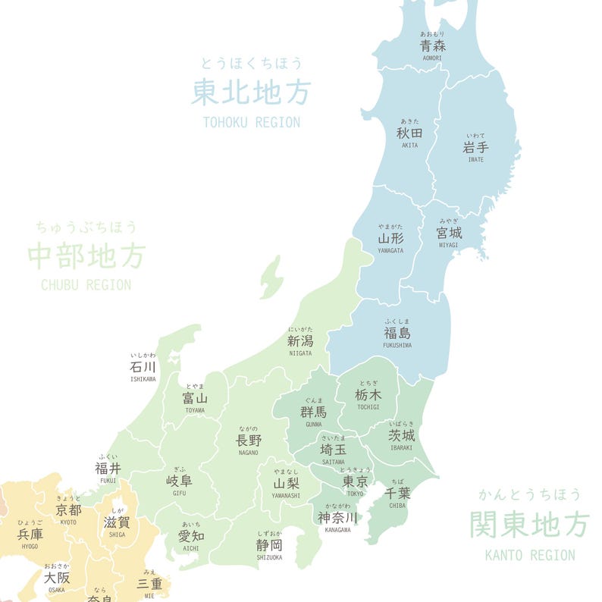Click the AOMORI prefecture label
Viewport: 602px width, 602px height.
point(433,46)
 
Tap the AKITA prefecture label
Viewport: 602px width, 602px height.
point(409,133)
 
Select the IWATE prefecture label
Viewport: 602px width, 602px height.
point(475,148)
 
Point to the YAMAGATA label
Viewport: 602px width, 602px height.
point(390,239)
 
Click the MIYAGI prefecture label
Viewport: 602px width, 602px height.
point(449,233)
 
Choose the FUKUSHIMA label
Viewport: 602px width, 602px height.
point(397,334)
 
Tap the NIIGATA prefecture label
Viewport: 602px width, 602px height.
point(300,341)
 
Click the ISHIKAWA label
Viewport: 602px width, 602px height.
point(143,367)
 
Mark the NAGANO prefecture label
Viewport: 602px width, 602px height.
point(248,441)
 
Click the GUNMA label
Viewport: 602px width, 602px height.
point(313,412)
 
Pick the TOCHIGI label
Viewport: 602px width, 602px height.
point(368,395)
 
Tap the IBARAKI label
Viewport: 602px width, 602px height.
point(402,435)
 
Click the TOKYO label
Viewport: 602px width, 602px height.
point(356,481)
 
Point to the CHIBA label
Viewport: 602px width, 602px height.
point(398,493)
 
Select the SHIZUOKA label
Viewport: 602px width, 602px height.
point(269,545)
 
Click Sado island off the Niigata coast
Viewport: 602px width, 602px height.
point(271,277)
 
